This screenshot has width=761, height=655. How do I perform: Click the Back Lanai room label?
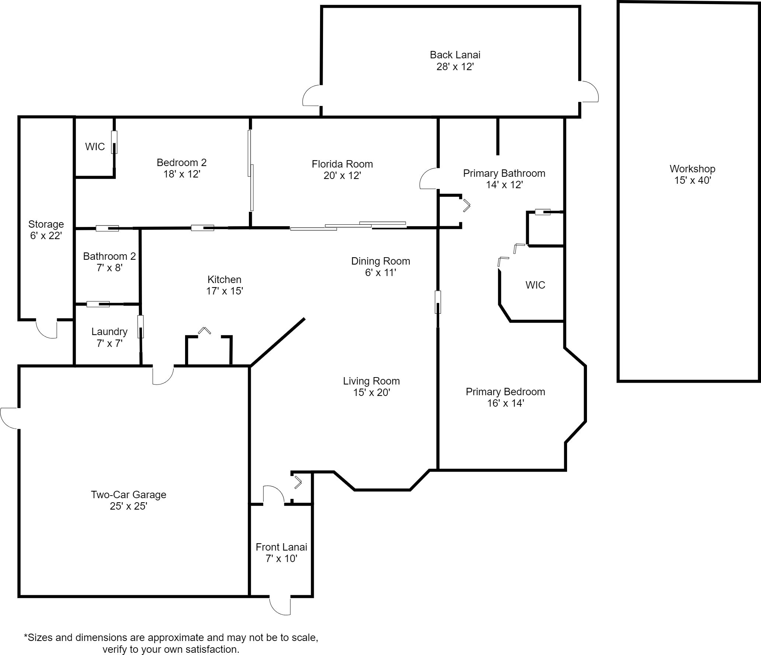pos(455,55)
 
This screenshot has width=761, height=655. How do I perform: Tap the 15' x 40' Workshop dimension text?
pos(692,180)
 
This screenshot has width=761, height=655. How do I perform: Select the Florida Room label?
pos(342,164)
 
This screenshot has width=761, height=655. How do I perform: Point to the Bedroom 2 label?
pos(181,162)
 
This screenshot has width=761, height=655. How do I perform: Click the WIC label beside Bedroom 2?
pos(95,147)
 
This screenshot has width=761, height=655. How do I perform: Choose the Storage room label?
pos(46,224)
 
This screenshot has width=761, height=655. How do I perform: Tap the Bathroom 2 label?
pos(110,256)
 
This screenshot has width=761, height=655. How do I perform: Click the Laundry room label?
pos(110,332)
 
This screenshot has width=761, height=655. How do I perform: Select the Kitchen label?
pos(224,280)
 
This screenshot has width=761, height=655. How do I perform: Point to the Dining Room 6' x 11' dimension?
pos(380,273)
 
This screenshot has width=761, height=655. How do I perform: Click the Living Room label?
pos(371,381)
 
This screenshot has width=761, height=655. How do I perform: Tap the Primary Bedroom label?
pos(505,392)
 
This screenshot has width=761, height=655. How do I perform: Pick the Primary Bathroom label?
pos(504,173)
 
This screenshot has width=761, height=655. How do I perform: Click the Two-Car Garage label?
pos(128,495)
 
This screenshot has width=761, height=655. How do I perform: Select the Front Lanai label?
pos(281,547)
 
